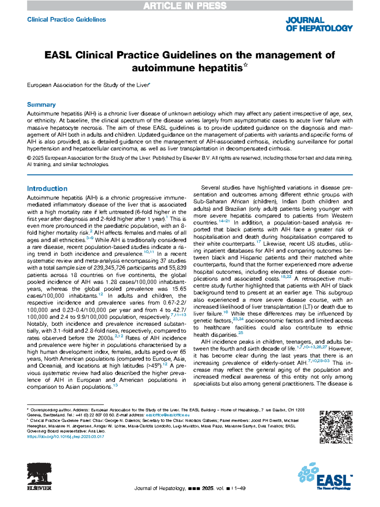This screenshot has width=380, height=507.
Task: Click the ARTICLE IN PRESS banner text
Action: pyautogui.click(x=185, y=6)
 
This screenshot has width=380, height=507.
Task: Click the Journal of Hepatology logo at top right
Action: pyautogui.click(x=319, y=24)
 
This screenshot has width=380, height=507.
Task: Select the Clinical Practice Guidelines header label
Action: pyautogui.click(x=66, y=20)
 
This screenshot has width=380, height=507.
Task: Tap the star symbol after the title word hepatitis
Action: pyautogui.click(x=246, y=66)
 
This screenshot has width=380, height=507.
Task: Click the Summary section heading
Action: pyautogui.click(x=41, y=105)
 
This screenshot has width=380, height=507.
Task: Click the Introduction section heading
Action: pyautogui.click(x=47, y=189)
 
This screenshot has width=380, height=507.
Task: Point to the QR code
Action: pyautogui.click(x=336, y=427)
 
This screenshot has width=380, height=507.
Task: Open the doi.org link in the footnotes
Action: pyautogui.click(x=66, y=437)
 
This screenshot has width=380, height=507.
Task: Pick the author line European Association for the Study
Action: pyautogui.click(x=88, y=85)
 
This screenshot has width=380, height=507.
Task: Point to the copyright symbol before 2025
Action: pyautogui.click(x=29, y=158)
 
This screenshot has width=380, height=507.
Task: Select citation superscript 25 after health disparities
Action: pyautogui.click(x=241, y=333)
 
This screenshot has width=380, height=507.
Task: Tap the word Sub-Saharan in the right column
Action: pyautogui.click(x=210, y=202)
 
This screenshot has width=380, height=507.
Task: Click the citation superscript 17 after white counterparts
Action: pyautogui.click(x=258, y=242)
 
